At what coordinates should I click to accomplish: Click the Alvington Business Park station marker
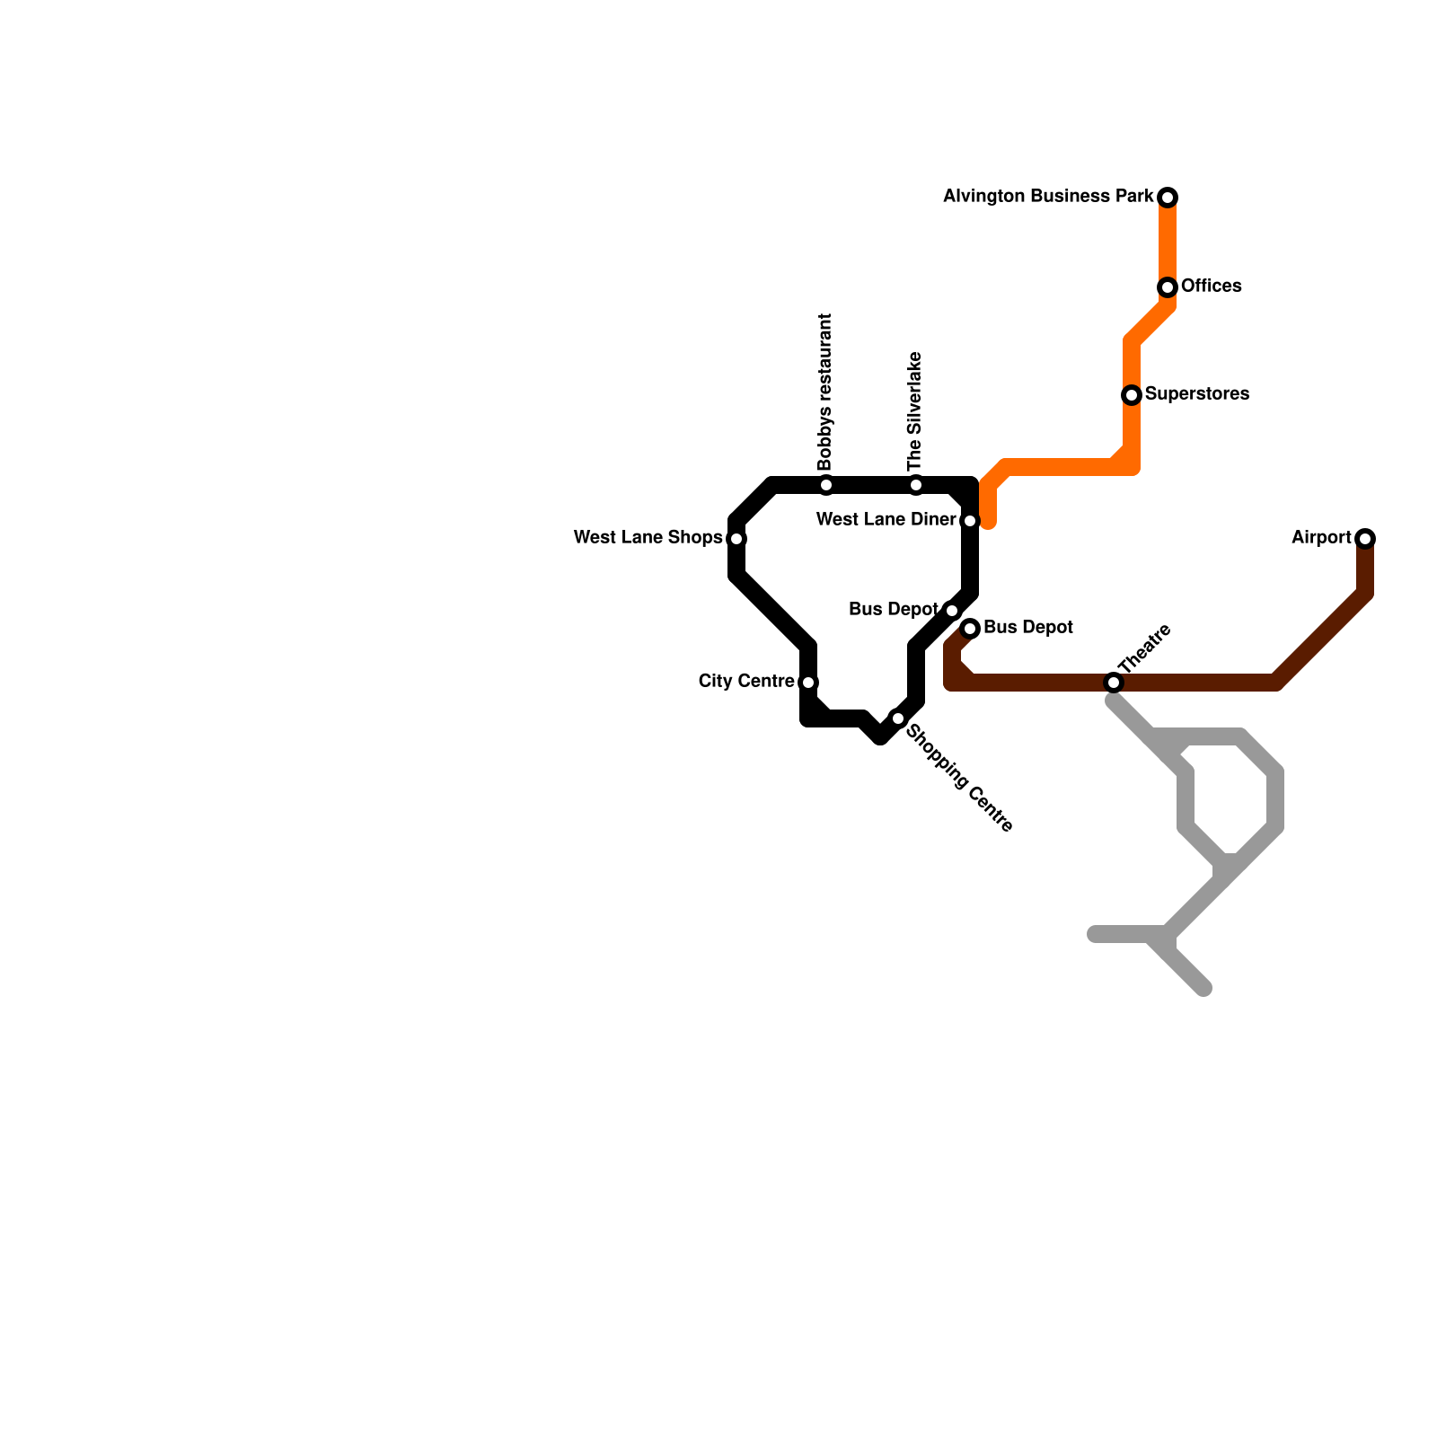(1168, 198)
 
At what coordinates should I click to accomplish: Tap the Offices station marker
(1168, 287)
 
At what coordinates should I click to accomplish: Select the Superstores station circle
(1132, 395)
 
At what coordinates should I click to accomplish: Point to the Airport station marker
(1365, 539)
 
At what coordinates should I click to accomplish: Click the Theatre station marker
(1114, 683)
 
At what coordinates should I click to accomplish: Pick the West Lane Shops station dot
(736, 539)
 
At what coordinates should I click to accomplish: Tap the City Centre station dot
(808, 683)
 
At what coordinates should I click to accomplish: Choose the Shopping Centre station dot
(898, 718)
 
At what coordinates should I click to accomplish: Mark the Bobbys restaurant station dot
(826, 485)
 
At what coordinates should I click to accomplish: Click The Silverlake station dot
(916, 485)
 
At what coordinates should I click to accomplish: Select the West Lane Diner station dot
(970, 521)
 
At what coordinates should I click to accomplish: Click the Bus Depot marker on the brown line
(970, 629)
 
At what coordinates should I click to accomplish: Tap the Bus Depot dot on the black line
(952, 611)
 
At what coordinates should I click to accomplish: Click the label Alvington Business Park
(1047, 196)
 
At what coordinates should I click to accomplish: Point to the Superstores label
(1196, 394)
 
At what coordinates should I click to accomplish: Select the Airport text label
(1321, 538)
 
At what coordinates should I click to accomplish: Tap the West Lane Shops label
(648, 538)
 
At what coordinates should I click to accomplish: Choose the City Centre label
(745, 682)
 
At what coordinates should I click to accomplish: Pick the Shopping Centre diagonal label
(959, 779)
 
